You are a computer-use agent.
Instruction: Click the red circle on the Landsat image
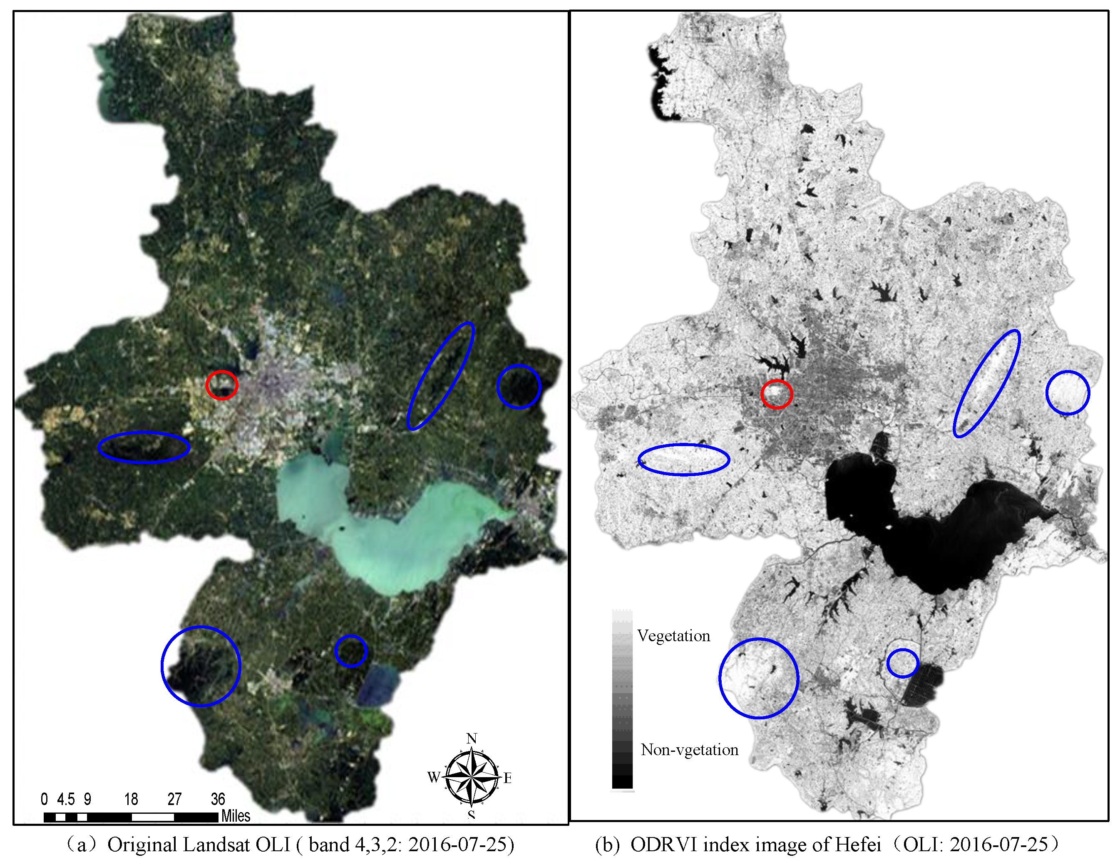(221, 385)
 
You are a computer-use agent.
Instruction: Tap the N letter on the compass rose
(471, 739)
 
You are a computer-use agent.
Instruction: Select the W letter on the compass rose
(433, 777)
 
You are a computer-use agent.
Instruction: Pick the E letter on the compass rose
(508, 778)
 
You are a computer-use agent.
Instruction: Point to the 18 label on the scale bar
(131, 799)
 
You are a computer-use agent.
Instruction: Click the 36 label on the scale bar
(218, 799)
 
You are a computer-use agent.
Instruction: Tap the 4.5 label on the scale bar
(66, 799)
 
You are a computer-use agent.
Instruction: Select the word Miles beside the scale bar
(236, 816)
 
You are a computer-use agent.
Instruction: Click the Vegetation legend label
(673, 636)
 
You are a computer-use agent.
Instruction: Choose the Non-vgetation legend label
(689, 750)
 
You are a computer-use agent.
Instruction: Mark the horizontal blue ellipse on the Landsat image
(144, 447)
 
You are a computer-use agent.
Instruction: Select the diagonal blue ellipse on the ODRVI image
(987, 383)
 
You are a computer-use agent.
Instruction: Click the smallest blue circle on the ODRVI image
(903, 663)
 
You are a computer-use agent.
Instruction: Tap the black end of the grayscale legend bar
(622, 781)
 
